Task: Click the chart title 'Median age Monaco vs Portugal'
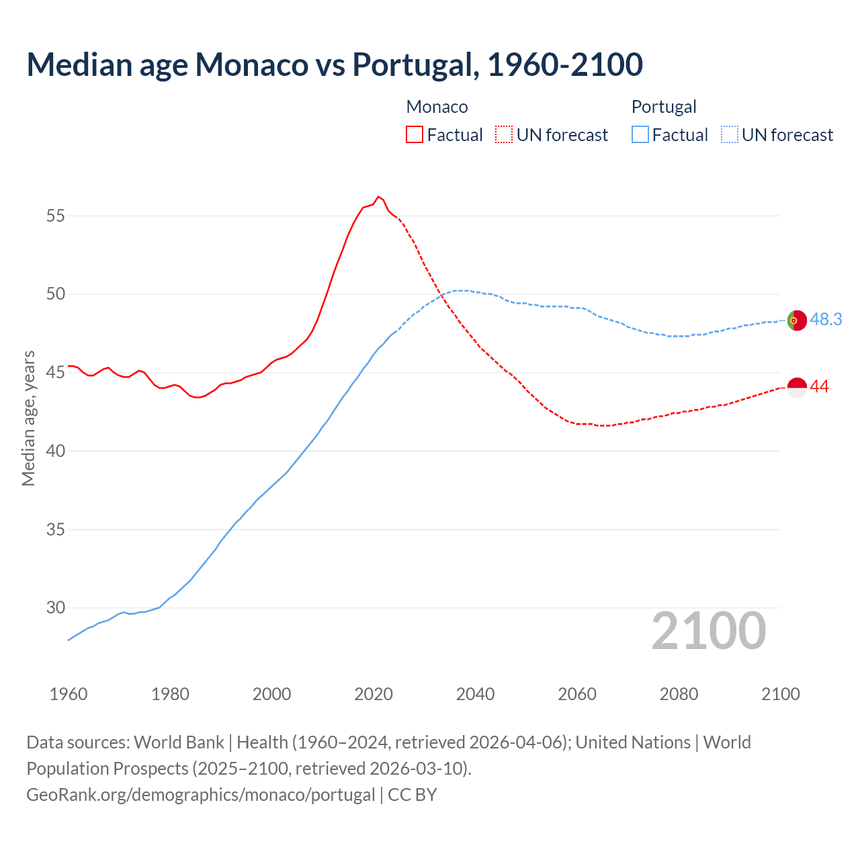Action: [x=335, y=64]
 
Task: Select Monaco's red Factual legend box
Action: [x=415, y=135]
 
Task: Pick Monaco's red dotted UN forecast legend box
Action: [x=504, y=135]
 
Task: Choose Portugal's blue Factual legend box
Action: [x=640, y=135]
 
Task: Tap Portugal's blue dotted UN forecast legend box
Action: [x=729, y=135]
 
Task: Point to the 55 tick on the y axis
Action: [x=56, y=216]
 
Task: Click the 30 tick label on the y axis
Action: [x=56, y=607]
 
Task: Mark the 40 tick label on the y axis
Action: [x=56, y=451]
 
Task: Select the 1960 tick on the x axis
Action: [x=69, y=693]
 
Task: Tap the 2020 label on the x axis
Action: [x=374, y=693]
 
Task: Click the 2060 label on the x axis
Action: [x=577, y=693]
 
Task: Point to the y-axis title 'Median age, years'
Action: [x=28, y=418]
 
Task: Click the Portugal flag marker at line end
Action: [x=796, y=320]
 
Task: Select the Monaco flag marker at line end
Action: [x=796, y=388]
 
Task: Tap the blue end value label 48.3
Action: [x=826, y=320]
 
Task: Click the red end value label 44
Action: [x=819, y=387]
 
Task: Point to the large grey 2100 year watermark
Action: [x=709, y=631]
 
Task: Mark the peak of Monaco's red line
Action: [x=378, y=197]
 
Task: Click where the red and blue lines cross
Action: [x=443, y=294]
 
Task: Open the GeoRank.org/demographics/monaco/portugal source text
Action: [x=201, y=795]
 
